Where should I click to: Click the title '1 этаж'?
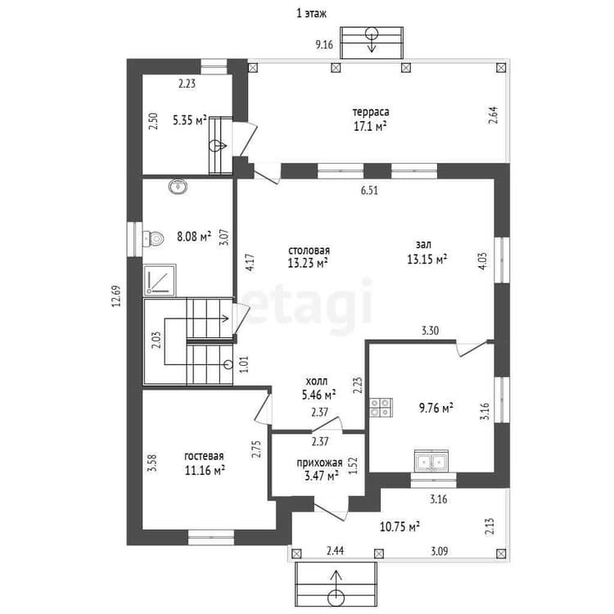(311, 14)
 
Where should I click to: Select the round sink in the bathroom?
(178, 187)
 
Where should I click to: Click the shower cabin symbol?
(160, 280)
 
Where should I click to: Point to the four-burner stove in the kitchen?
(381, 407)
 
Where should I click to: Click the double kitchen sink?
(431, 461)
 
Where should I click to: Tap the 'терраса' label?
(371, 112)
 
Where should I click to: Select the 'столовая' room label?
(309, 251)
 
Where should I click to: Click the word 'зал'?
(423, 244)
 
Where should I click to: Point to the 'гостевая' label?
(204, 456)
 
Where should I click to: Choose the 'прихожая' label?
(319, 463)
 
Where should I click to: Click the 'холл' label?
(316, 381)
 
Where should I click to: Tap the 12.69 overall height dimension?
(116, 296)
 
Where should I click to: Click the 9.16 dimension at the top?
(324, 45)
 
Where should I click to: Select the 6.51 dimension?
(370, 191)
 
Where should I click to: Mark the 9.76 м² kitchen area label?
(436, 408)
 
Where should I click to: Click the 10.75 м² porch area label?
(400, 526)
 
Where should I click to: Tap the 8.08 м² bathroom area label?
(194, 237)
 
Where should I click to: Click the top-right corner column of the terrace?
(501, 68)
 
